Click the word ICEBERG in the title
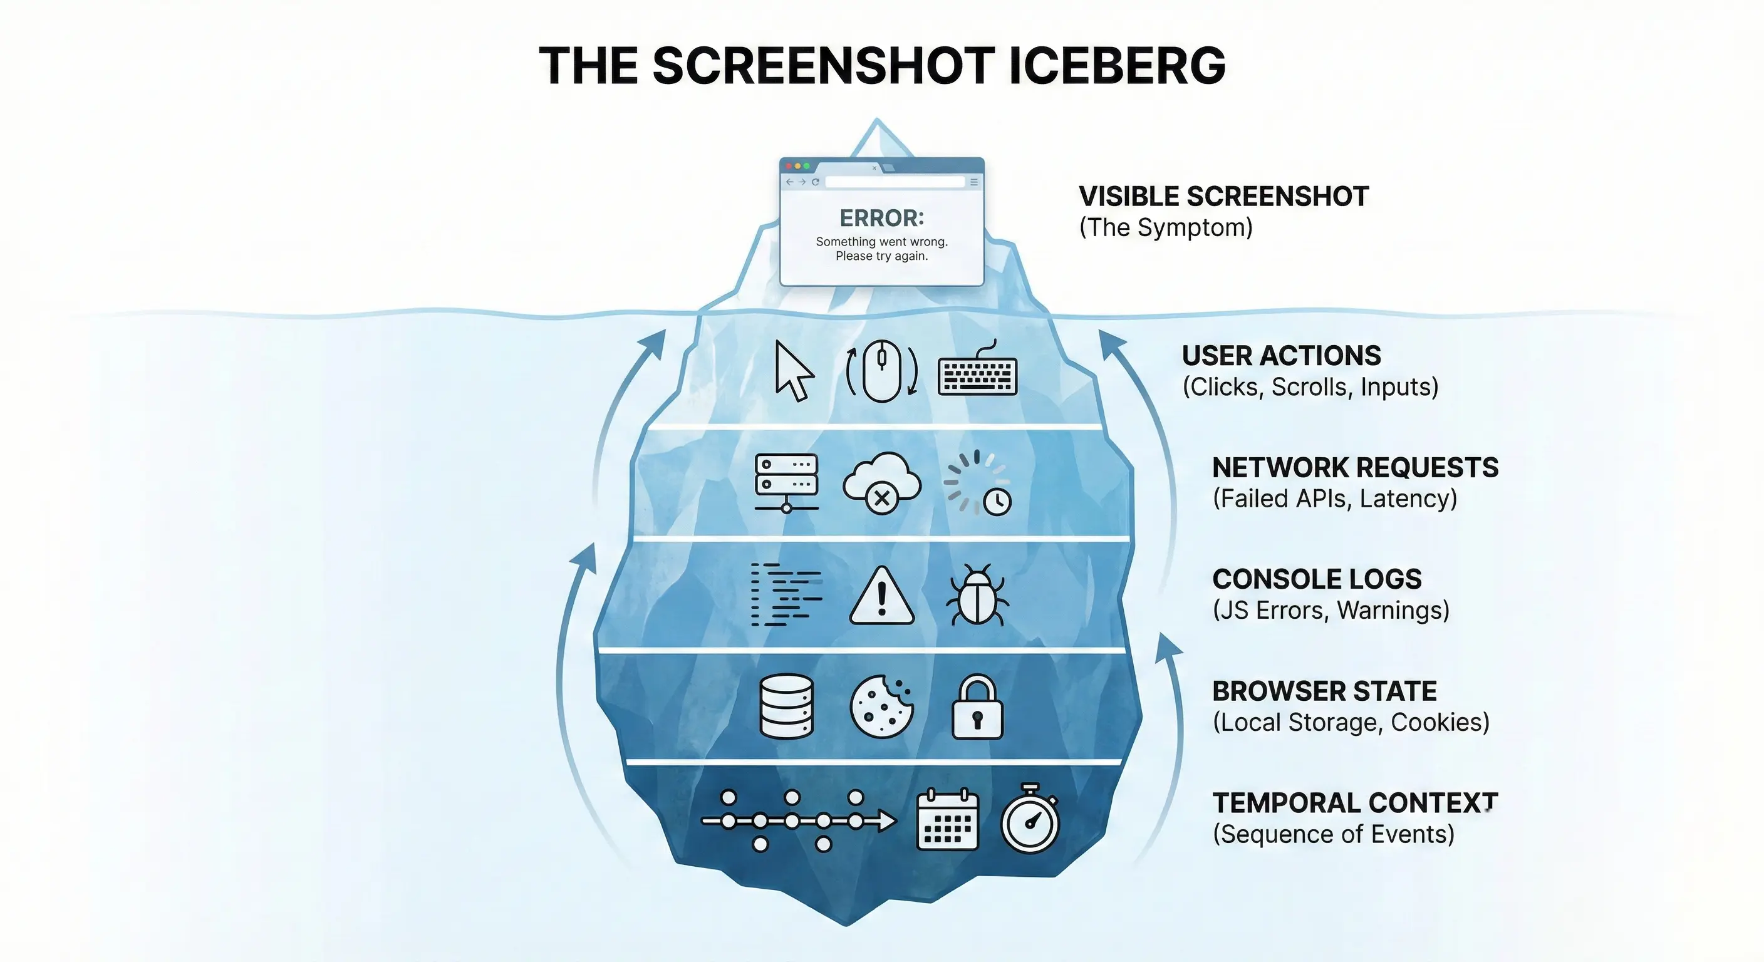point(1116,66)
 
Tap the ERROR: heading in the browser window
point(881,219)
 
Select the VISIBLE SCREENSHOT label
point(1223,197)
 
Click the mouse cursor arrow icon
point(793,371)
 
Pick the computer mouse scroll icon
point(881,371)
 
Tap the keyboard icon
point(977,373)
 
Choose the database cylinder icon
point(787,706)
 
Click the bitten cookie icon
point(881,706)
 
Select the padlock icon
point(977,707)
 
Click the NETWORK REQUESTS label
point(1354,468)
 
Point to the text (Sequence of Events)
point(1332,834)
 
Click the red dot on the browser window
point(788,166)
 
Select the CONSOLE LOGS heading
point(1316,579)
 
